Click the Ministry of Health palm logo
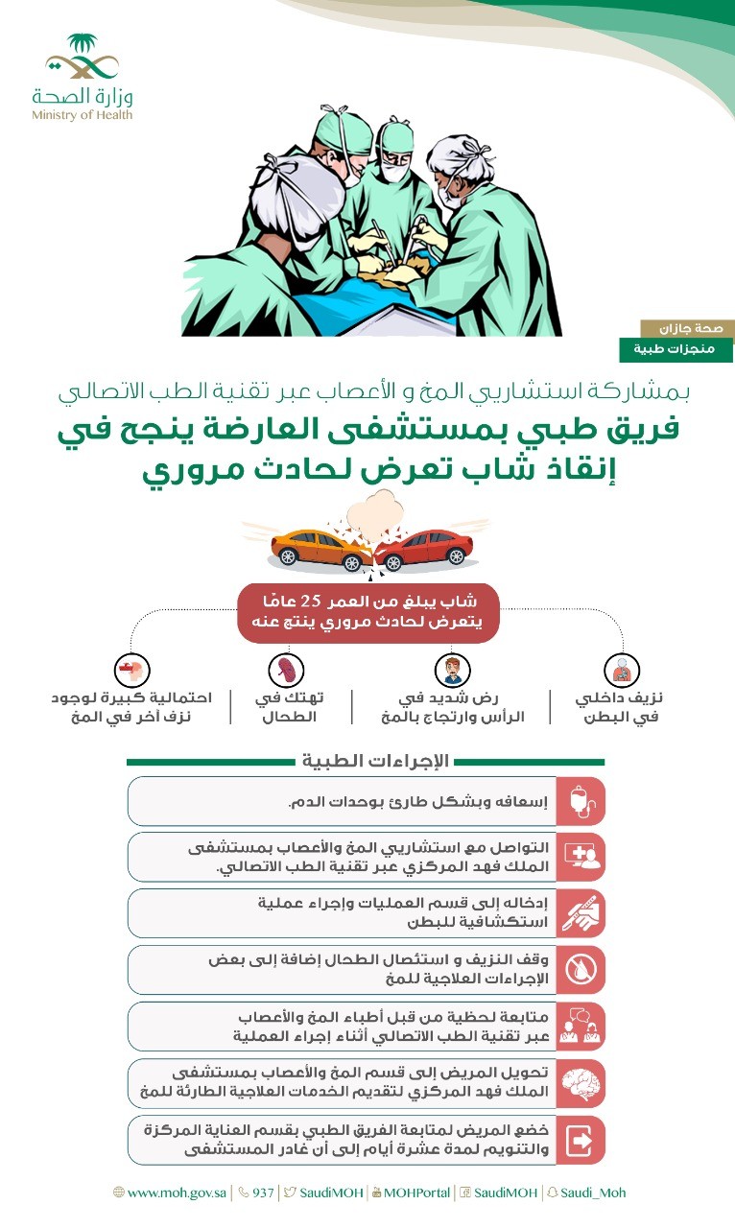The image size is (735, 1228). point(82,58)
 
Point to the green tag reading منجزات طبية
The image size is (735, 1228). point(676,350)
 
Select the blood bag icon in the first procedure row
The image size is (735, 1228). point(581,801)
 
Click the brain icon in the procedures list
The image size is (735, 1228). point(581,1083)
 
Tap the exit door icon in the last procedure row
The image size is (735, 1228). point(581,1141)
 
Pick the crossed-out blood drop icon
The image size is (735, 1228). point(581,970)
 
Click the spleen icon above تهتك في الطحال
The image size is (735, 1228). point(286,669)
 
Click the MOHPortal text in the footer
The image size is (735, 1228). point(416,1193)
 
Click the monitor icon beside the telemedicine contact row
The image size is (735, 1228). point(581,857)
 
